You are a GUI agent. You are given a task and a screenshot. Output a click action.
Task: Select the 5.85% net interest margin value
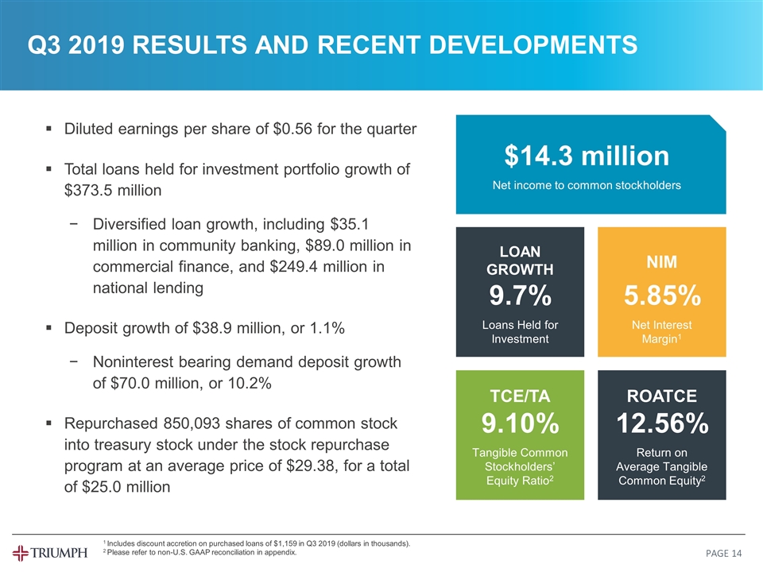(x=661, y=296)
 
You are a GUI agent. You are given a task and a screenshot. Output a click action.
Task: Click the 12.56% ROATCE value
(x=661, y=424)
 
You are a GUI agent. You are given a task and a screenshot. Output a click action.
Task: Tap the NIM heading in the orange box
(x=661, y=262)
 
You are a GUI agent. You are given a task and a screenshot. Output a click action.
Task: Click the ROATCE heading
(x=661, y=396)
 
